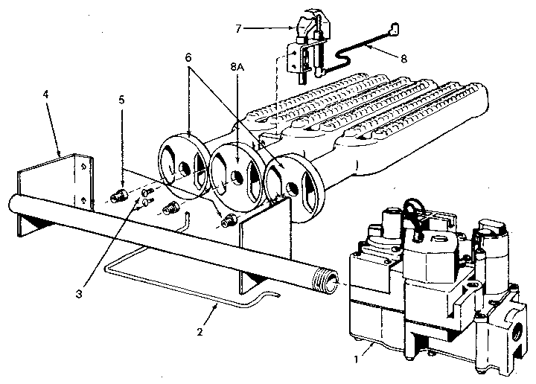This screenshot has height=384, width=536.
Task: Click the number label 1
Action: point(358,358)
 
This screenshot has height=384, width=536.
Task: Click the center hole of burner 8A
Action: point(235,176)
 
